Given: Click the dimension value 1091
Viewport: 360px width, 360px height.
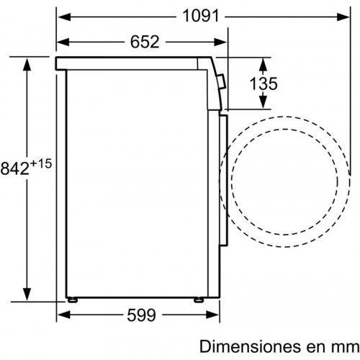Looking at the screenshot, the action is [x=201, y=16].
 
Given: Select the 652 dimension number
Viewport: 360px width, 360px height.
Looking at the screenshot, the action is [x=145, y=42].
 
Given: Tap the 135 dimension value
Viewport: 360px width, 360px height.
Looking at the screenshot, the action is [x=264, y=84].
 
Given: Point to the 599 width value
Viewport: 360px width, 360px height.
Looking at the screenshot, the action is [x=142, y=315].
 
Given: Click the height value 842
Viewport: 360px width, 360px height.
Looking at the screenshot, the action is [x=15, y=168].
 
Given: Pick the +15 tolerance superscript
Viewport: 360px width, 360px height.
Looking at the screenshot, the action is [x=41, y=164].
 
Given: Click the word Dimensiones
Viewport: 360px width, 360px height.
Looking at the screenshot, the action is [x=251, y=346].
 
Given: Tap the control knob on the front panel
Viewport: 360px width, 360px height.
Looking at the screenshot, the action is [x=221, y=81].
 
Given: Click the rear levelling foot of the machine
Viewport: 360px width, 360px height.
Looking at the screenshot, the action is [x=72, y=300].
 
